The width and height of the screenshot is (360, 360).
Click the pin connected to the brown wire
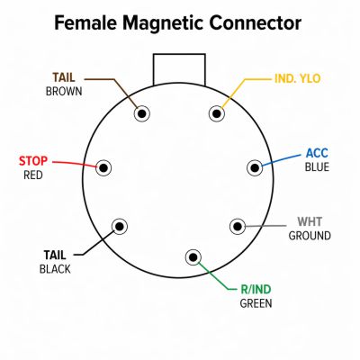click(141, 113)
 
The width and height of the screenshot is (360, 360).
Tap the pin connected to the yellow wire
click(217, 113)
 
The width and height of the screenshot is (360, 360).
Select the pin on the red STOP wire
click(103, 168)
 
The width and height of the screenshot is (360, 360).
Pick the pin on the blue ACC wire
click(255, 168)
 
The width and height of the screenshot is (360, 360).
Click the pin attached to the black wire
click(120, 226)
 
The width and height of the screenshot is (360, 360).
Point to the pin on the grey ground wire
click(238, 226)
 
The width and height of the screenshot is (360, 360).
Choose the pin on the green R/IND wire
click(193, 257)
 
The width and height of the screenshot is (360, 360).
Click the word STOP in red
click(33, 161)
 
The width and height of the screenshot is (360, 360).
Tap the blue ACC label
click(317, 154)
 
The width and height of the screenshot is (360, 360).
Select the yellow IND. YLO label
click(298, 78)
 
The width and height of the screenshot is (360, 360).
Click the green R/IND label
click(256, 290)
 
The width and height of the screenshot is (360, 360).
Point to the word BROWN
click(64, 92)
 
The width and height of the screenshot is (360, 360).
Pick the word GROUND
click(310, 236)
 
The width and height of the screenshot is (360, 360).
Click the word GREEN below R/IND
click(256, 303)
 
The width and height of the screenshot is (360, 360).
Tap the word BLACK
click(55, 269)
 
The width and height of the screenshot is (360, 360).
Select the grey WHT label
click(310, 222)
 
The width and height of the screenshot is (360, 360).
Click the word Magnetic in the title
click(163, 23)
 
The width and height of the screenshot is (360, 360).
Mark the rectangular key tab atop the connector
click(179, 69)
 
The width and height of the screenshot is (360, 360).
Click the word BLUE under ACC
click(317, 167)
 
